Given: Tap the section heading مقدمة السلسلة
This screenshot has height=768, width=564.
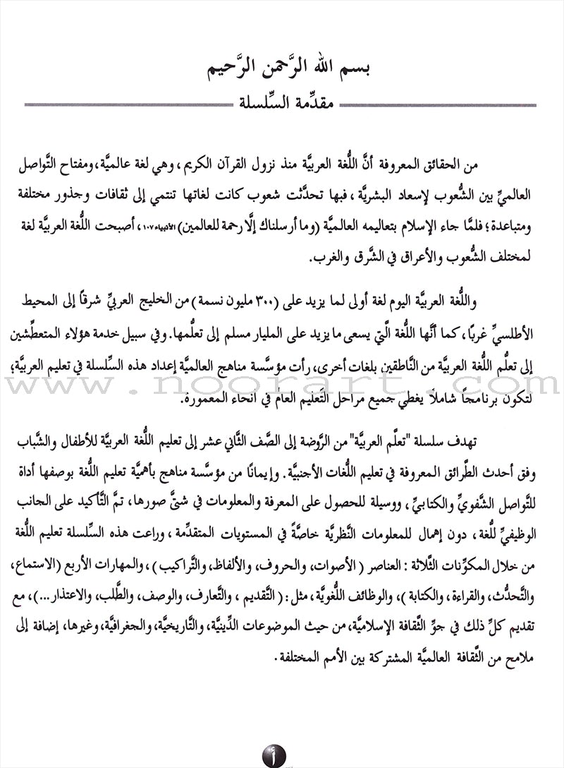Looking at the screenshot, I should (283, 105).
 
